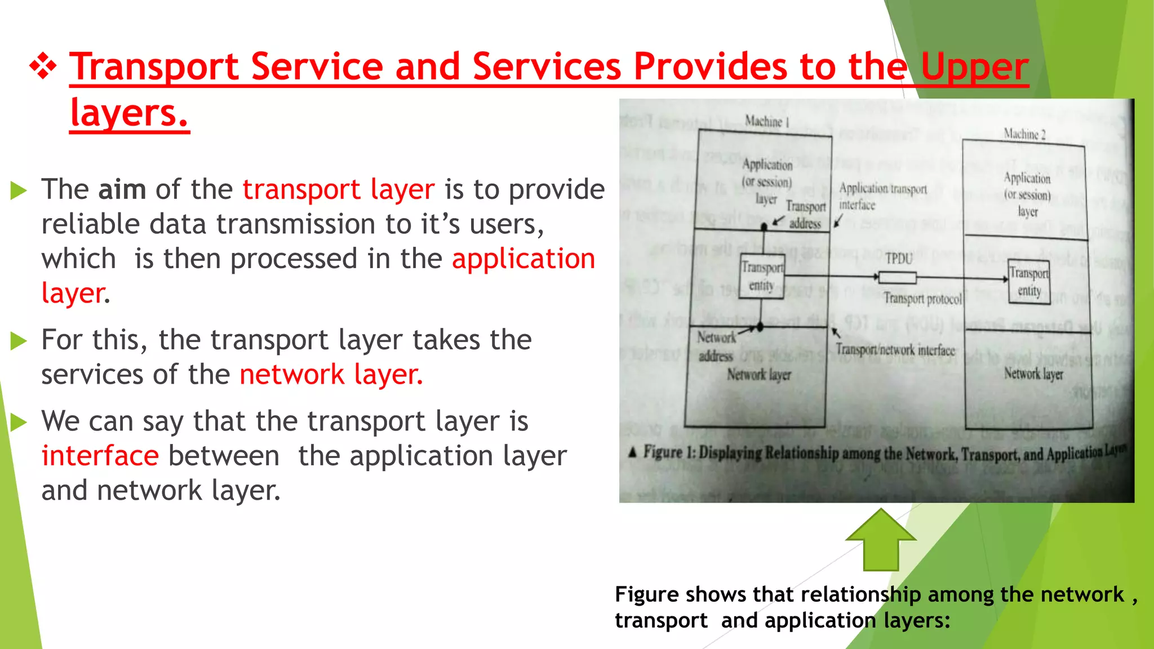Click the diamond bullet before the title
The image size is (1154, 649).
click(43, 67)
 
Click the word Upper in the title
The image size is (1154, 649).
click(974, 67)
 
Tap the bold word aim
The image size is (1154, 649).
click(122, 189)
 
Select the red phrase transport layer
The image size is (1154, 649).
click(339, 189)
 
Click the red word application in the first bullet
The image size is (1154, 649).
click(523, 259)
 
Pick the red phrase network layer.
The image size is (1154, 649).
click(331, 375)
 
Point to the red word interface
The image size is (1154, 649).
click(100, 456)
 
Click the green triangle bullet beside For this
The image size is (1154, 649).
click(19, 341)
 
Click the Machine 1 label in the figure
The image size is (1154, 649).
click(767, 121)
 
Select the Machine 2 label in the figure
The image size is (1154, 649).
click(1024, 134)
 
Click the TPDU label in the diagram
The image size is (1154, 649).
click(898, 259)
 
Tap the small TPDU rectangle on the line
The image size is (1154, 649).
click(897, 277)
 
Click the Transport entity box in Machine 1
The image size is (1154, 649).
click(762, 276)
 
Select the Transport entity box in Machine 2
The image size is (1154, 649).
click(1029, 282)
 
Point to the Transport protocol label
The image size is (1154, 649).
click(922, 298)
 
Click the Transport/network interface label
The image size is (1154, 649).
click(895, 350)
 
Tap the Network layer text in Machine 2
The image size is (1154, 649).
click(1033, 374)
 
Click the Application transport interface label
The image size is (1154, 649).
click(882, 195)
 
